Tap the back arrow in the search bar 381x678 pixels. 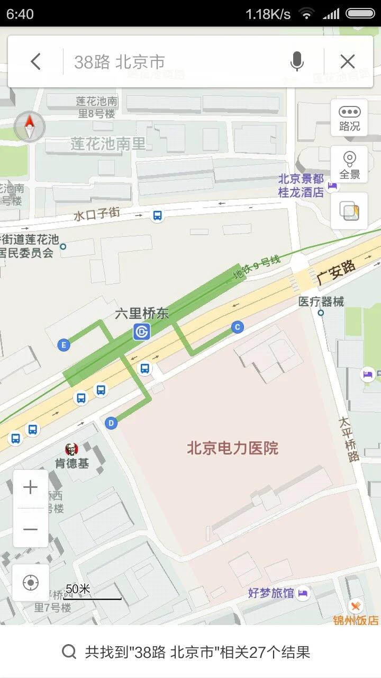click(x=35, y=62)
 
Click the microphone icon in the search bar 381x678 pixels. click(x=297, y=62)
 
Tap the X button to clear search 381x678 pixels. click(x=348, y=62)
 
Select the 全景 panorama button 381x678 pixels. click(x=349, y=165)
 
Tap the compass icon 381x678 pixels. click(x=30, y=127)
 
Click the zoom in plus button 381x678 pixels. click(x=31, y=488)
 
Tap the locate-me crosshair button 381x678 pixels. click(x=31, y=583)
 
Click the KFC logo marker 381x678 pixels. click(x=71, y=449)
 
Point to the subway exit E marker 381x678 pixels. click(x=63, y=345)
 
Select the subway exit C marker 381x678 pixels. click(x=237, y=327)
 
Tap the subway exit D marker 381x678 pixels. click(x=111, y=423)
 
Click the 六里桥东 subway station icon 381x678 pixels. click(x=142, y=332)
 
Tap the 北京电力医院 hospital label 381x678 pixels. click(x=232, y=448)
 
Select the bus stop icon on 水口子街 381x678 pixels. click(x=157, y=215)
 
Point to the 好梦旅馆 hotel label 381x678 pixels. click(x=271, y=593)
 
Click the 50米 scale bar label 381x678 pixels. click(x=78, y=588)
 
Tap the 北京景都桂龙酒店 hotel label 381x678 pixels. click(x=301, y=185)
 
